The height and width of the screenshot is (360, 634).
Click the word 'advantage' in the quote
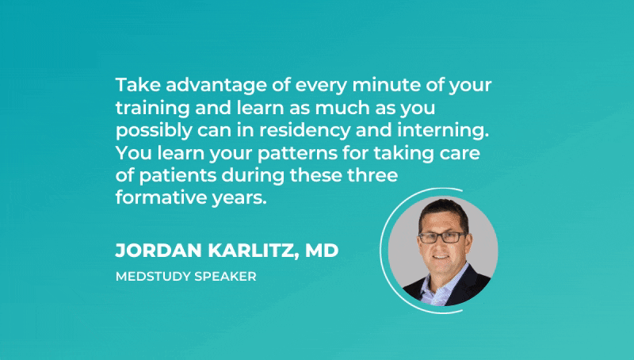(216, 86)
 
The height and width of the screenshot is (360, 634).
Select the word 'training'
(152, 109)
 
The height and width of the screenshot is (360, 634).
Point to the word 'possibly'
(154, 131)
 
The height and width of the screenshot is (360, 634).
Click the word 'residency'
(305, 131)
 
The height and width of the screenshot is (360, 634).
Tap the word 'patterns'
(297, 154)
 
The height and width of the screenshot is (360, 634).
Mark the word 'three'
(372, 175)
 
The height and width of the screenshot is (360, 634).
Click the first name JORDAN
(158, 251)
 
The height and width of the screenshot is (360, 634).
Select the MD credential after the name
(322, 251)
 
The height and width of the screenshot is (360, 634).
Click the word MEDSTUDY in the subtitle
(153, 277)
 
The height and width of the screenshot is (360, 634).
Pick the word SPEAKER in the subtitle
(225, 277)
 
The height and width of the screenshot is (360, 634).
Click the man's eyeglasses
(442, 237)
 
